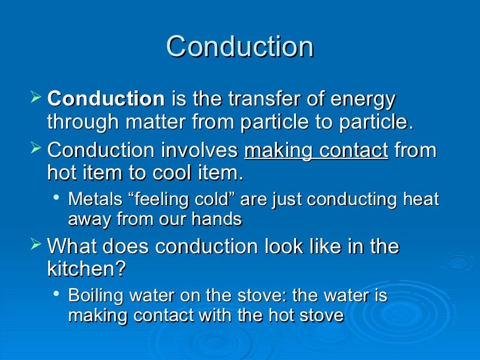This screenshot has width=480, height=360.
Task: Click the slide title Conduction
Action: click(240, 47)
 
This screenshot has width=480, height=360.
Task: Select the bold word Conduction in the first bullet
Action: click(106, 100)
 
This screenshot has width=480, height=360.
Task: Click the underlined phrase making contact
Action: click(316, 150)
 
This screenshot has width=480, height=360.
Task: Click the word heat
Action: click(425, 198)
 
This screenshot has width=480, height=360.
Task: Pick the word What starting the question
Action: click(74, 247)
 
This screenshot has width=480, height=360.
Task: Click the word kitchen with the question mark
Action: click(86, 270)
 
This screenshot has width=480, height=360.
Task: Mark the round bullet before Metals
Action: click(58, 198)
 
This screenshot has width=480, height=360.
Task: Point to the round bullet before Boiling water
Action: click(58, 295)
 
